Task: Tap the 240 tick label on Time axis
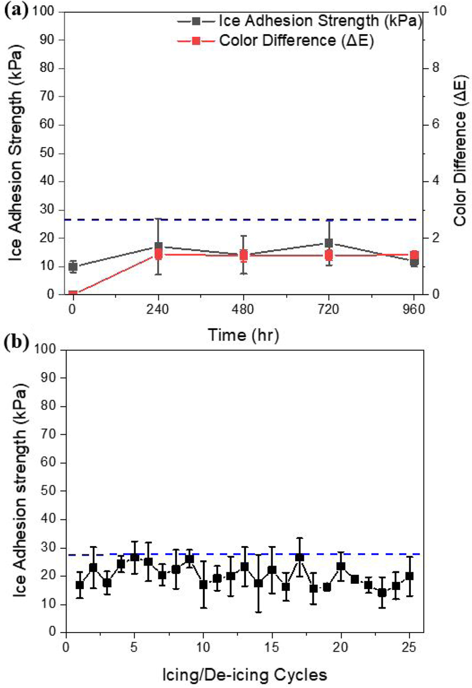click(x=158, y=310)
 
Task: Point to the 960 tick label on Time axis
click(x=414, y=310)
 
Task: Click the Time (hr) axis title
click(x=243, y=335)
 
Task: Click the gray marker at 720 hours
click(x=329, y=243)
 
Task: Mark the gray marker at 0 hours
click(x=73, y=267)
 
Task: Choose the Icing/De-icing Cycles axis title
click(x=245, y=675)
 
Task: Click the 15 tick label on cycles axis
click(x=272, y=647)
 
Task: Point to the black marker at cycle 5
click(x=134, y=558)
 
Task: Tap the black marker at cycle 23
click(x=382, y=593)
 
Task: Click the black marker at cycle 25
click(x=409, y=576)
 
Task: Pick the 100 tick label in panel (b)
click(x=45, y=349)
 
